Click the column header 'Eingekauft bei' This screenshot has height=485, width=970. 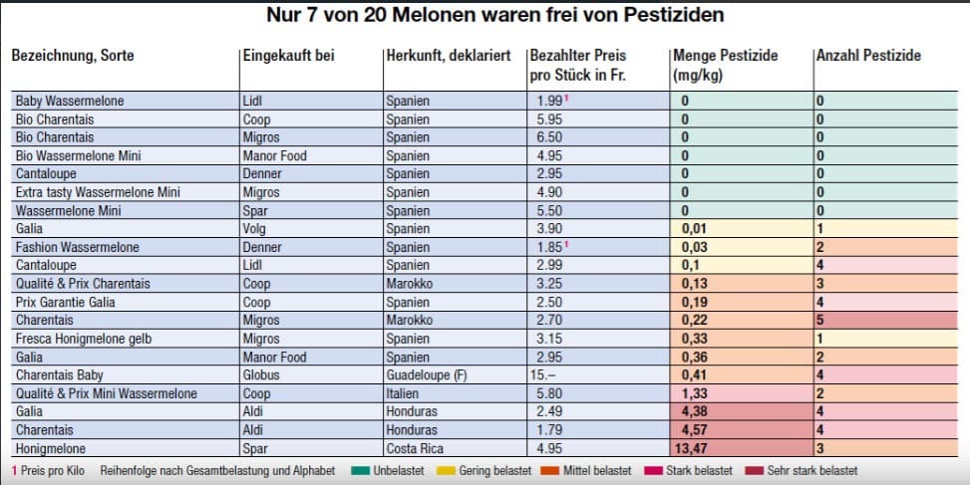click(x=289, y=56)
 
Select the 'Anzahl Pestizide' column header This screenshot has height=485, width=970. click(x=868, y=56)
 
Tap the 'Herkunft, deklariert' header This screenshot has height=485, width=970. click(x=450, y=56)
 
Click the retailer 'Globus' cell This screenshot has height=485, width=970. click(x=261, y=374)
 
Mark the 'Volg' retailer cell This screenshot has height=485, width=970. click(x=256, y=229)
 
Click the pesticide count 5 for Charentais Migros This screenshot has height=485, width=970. click(x=820, y=320)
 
